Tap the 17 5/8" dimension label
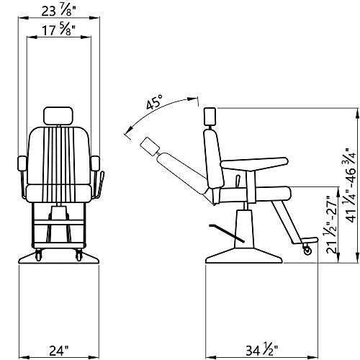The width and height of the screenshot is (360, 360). coord(58,32)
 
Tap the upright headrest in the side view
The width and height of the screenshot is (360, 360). coord(211,117)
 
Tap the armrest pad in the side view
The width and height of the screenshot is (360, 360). coord(261,163)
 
